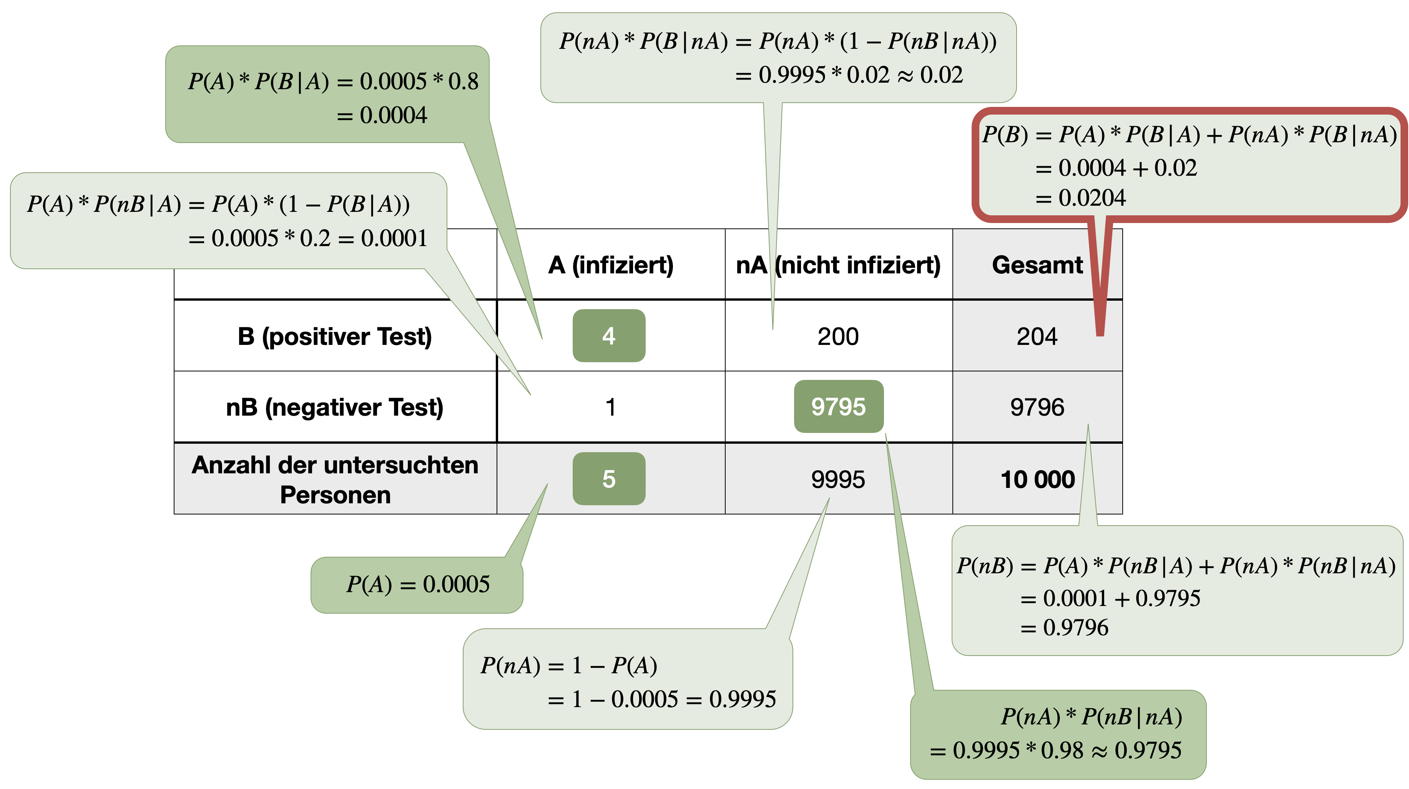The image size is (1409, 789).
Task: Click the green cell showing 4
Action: (x=609, y=335)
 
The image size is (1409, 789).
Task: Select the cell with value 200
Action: (x=838, y=336)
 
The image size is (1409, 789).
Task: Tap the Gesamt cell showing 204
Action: (x=1037, y=336)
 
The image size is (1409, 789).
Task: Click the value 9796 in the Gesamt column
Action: (x=1037, y=407)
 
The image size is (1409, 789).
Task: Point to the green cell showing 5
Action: (x=609, y=479)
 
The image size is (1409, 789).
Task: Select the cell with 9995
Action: (x=838, y=479)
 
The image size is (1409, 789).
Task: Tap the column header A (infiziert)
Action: (x=610, y=265)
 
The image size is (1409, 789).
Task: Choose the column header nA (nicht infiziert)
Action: (x=838, y=265)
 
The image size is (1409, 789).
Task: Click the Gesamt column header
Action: (x=1037, y=265)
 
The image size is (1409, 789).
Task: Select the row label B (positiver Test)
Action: (x=335, y=336)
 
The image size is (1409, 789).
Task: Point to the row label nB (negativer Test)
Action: (x=335, y=407)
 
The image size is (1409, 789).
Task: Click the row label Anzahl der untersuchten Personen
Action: (x=335, y=479)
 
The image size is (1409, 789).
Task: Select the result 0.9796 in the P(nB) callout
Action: (x=1075, y=628)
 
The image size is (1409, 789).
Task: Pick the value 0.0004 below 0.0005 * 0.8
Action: (x=393, y=115)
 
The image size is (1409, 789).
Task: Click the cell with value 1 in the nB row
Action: (x=610, y=407)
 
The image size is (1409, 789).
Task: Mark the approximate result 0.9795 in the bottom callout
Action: (x=1148, y=750)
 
